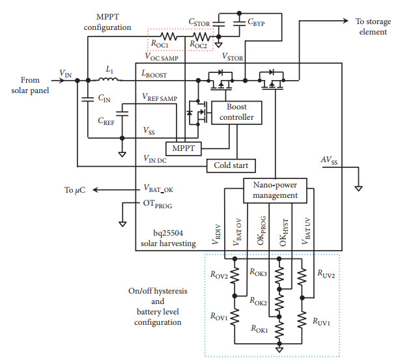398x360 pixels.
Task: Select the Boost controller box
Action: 232,111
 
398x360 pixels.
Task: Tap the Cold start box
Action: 231,165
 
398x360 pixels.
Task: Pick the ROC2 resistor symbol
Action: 199,36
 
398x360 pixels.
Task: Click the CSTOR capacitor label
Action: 199,22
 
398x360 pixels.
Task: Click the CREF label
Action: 106,121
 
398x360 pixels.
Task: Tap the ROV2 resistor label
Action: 218,275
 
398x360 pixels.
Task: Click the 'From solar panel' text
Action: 28,83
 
